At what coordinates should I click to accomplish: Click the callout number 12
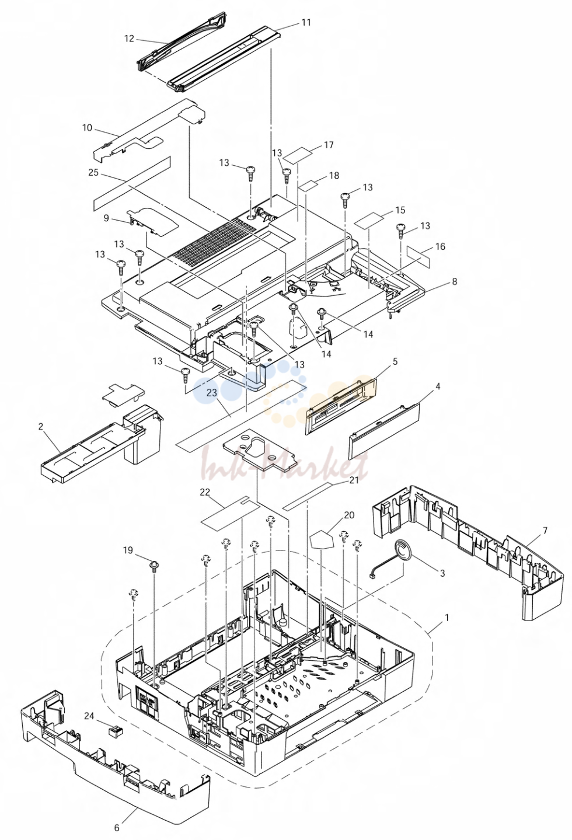(x=129, y=39)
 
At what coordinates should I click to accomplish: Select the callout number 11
(x=306, y=23)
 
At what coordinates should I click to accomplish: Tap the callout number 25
(x=93, y=173)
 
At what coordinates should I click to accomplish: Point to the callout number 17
(x=329, y=145)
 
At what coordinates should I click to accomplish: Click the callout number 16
(x=441, y=246)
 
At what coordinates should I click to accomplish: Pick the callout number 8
(x=455, y=281)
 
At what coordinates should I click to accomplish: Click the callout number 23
(x=212, y=393)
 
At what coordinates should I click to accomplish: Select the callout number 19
(x=128, y=550)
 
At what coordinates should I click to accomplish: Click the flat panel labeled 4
(x=385, y=430)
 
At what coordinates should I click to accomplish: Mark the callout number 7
(x=545, y=531)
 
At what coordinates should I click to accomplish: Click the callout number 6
(x=117, y=827)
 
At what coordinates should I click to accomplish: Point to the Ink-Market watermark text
(x=284, y=464)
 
